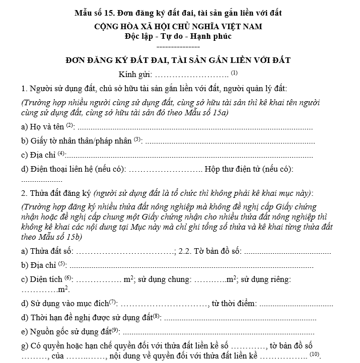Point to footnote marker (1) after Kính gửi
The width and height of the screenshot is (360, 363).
pos(234,73)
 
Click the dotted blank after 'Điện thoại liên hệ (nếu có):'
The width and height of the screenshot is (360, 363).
pos(165,170)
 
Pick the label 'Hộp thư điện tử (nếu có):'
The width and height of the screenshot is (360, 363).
pos(249,170)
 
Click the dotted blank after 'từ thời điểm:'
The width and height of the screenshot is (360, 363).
pos(296,304)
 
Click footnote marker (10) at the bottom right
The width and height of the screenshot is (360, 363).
pos(315,354)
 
